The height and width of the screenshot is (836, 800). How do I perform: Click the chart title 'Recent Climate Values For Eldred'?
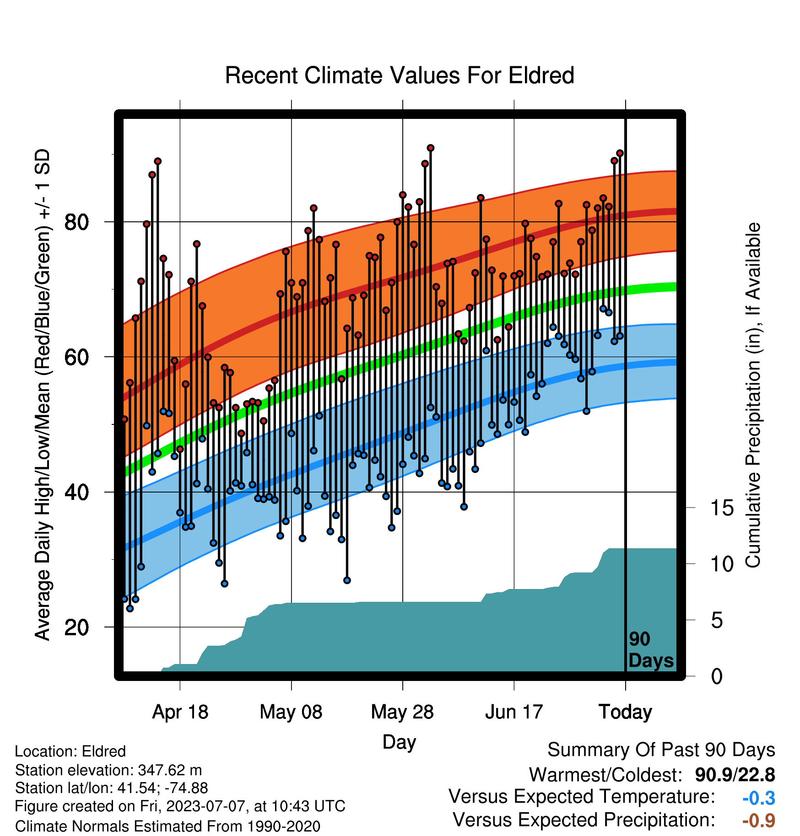coord(400,75)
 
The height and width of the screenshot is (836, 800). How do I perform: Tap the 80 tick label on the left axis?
coord(77,222)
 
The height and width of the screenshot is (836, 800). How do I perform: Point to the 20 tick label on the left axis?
coord(77,627)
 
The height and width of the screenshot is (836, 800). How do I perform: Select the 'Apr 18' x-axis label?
coord(180,712)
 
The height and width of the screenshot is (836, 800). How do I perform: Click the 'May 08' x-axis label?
coord(291,712)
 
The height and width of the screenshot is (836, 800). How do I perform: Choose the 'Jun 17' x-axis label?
coord(514,712)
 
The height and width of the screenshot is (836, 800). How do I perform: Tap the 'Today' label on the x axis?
coord(625,712)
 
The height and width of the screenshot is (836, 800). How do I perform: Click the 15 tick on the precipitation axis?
coord(722,508)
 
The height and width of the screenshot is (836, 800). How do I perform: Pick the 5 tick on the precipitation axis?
coord(717,621)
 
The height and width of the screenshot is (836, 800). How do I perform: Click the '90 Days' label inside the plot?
coord(651,650)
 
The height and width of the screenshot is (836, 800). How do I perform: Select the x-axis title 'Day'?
coord(399,742)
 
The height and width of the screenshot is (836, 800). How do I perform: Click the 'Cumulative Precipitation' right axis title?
coord(753,396)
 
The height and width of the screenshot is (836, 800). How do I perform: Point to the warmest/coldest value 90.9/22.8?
coord(735,775)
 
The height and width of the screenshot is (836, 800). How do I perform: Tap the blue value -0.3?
coord(759,798)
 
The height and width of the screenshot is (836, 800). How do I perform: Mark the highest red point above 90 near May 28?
coord(430,148)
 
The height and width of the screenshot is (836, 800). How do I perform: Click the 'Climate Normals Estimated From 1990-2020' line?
coord(168,826)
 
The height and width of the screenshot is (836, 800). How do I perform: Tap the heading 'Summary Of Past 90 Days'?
coord(661,750)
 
